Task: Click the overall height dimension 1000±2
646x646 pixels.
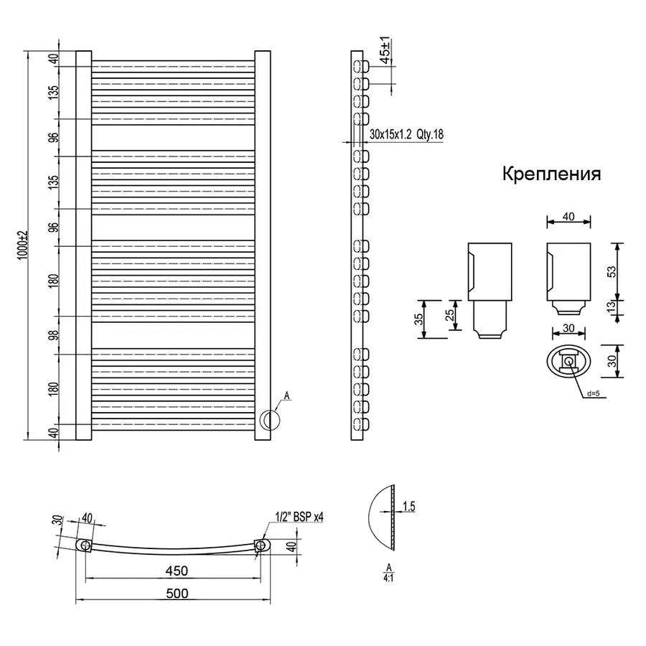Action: (x=22, y=245)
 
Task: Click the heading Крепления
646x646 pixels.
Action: (x=551, y=174)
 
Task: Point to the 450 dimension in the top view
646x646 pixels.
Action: (x=177, y=571)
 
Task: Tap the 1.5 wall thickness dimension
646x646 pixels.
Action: (x=408, y=507)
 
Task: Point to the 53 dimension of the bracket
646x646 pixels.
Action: (x=612, y=271)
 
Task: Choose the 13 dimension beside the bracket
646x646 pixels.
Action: (x=612, y=307)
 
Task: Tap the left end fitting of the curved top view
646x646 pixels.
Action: (x=85, y=546)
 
